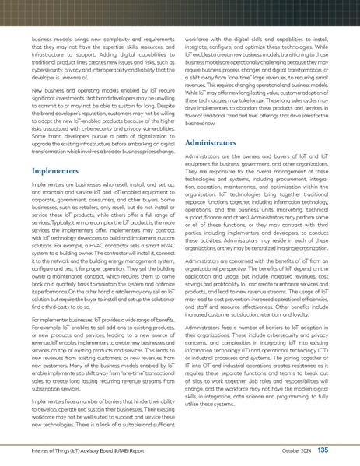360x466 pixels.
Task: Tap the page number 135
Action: tap(323, 450)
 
